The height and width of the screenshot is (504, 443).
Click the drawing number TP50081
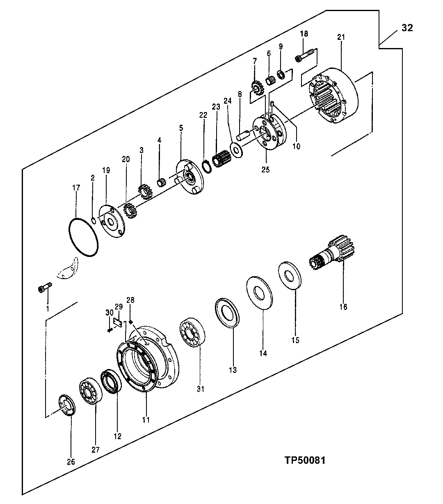[x=305, y=460]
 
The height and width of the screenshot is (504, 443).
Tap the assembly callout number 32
[x=407, y=27]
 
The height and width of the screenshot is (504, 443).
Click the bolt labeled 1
[x=44, y=289]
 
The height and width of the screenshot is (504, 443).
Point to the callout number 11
[x=146, y=420]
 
